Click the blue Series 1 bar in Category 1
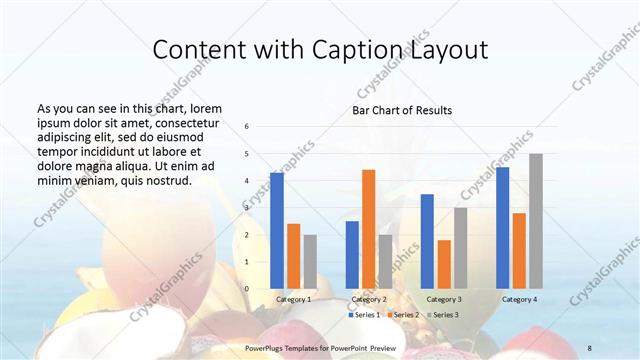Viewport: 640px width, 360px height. point(277,230)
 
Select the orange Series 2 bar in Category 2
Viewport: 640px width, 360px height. point(368,229)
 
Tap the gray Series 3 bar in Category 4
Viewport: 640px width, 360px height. point(536,221)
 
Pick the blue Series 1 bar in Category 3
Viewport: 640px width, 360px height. point(427,241)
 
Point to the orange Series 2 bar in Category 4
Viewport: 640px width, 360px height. point(519,250)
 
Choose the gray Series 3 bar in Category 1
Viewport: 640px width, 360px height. point(310,261)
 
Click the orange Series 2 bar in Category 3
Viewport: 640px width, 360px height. point(444,264)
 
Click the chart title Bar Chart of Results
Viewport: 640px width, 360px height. point(402,110)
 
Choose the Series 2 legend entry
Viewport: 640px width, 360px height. point(403,315)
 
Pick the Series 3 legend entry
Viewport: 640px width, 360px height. point(443,315)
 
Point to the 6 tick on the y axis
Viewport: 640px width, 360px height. point(247,127)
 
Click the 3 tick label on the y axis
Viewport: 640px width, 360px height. point(247,208)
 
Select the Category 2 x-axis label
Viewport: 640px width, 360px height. point(369,299)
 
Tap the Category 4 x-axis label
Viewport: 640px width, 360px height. point(519,299)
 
